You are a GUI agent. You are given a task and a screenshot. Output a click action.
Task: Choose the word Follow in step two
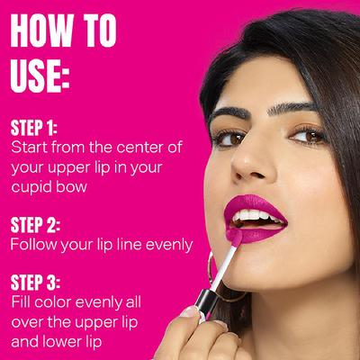coord(34,245)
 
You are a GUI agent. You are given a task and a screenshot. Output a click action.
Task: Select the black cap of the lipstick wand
coord(205,302)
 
